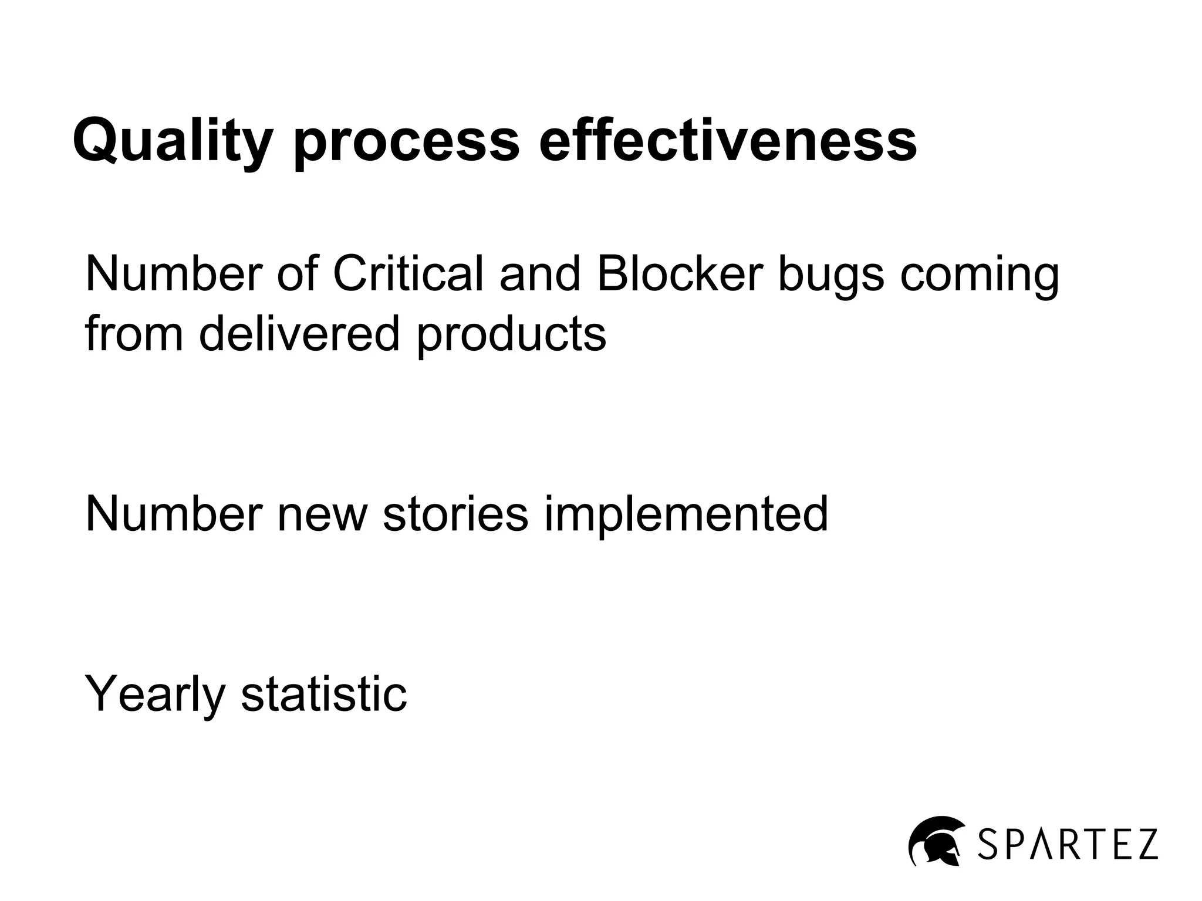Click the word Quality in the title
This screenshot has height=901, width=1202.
(173, 141)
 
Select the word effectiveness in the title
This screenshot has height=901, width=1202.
(727, 141)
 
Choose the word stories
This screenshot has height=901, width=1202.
(455, 514)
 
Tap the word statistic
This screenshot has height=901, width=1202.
(323, 693)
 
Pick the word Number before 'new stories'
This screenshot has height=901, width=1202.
(174, 514)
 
